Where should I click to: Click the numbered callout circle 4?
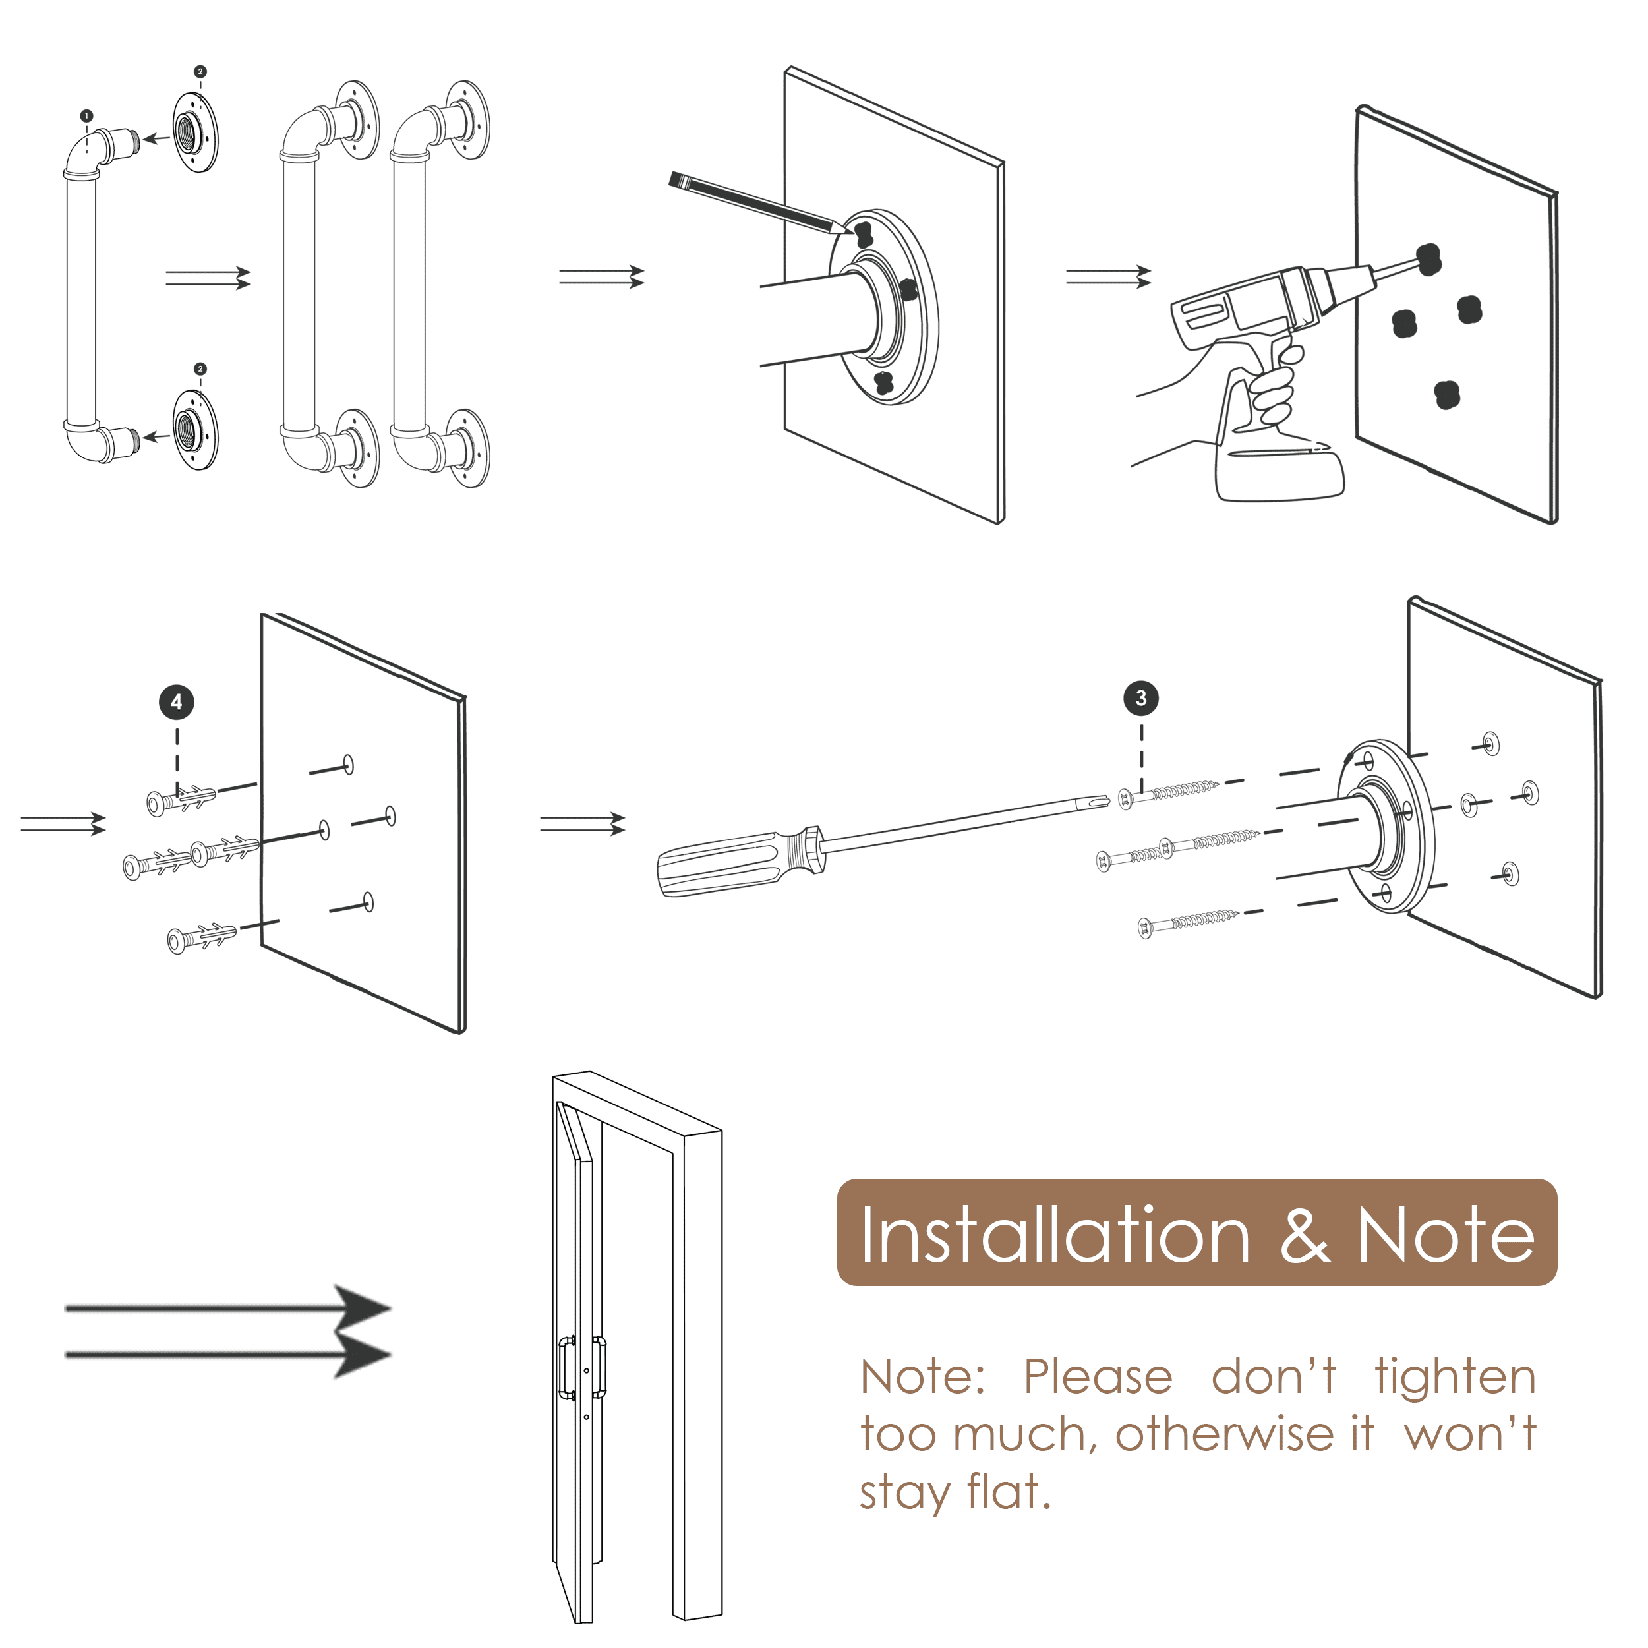177,702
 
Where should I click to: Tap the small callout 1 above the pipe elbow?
86,115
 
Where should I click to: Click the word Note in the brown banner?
1445,1236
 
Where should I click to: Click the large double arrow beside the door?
229,1332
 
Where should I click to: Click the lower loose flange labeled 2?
195,429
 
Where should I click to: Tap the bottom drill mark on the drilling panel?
1447,394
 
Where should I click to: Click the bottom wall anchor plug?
203,937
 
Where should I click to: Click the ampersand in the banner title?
1305,1236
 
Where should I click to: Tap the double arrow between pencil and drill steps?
1108,278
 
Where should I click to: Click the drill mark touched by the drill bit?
1428,258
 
